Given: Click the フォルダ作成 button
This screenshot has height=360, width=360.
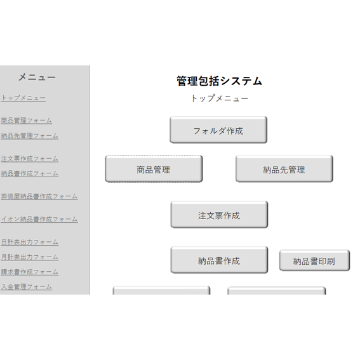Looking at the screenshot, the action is click(x=218, y=130).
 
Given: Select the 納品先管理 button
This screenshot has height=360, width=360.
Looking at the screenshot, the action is click(x=284, y=169).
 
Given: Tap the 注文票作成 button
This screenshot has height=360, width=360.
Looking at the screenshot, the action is click(x=219, y=215).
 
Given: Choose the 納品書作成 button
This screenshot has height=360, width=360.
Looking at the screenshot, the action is click(x=219, y=260).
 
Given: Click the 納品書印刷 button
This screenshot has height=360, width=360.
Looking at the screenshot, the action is click(x=314, y=260).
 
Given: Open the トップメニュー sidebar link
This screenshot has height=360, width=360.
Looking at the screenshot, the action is click(x=23, y=98).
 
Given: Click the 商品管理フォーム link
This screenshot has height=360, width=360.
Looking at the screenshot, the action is click(x=27, y=121).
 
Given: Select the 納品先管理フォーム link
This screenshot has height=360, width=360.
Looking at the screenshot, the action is click(x=30, y=136).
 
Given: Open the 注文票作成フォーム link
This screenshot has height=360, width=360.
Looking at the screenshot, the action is click(x=30, y=159).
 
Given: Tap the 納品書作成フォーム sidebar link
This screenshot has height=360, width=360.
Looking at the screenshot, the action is click(x=30, y=173).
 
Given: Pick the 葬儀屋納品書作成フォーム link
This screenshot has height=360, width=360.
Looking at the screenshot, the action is click(x=39, y=196).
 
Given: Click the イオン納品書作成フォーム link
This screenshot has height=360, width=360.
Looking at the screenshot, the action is click(x=39, y=219).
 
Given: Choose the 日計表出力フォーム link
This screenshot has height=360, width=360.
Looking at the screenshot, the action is click(x=30, y=242).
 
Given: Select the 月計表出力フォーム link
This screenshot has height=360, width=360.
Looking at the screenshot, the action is click(x=30, y=257).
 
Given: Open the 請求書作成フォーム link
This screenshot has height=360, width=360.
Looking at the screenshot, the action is click(x=30, y=272).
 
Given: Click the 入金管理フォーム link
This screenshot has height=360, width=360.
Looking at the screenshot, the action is click(x=27, y=286).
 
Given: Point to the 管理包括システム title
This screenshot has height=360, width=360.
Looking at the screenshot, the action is click(x=219, y=81).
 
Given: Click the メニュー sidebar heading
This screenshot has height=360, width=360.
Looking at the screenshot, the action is click(x=37, y=77).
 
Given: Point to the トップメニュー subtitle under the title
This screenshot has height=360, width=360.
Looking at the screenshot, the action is click(x=220, y=98).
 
